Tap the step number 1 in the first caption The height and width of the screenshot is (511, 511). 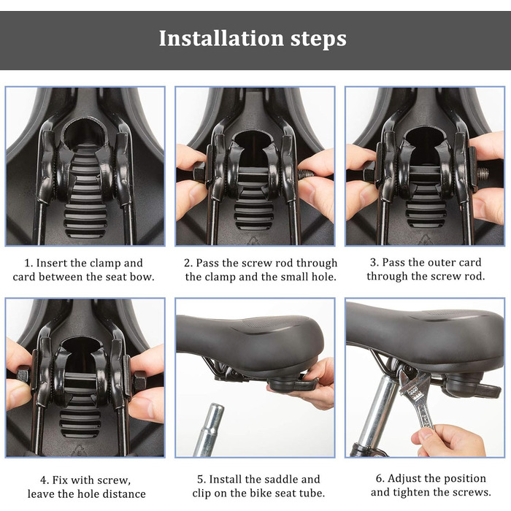point(28,263)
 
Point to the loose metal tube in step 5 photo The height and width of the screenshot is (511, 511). point(209,429)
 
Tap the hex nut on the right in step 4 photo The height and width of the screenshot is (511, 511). point(140,381)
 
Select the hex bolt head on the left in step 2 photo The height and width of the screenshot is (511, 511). point(199,172)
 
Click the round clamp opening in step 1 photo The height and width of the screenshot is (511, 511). point(84,133)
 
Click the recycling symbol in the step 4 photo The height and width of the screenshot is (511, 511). point(79,450)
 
